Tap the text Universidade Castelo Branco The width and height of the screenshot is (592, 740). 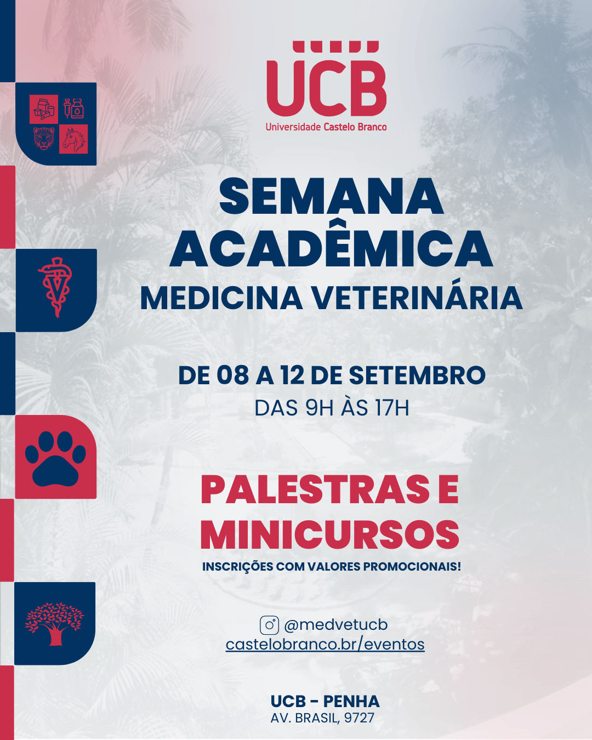326,127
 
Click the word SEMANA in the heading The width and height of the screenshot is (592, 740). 331,197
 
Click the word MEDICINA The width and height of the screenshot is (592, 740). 221,299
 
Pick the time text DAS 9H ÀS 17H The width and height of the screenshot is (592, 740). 332,408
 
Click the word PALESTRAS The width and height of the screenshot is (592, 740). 315,489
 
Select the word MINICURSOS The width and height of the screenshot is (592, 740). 330,536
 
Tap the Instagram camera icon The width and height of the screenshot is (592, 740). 269,625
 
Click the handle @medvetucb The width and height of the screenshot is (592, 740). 335,625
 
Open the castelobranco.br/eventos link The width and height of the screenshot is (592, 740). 325,644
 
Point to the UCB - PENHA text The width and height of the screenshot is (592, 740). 325,702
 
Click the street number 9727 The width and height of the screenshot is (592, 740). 359,718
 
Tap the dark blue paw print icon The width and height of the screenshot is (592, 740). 55,459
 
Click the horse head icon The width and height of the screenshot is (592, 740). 73,140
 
